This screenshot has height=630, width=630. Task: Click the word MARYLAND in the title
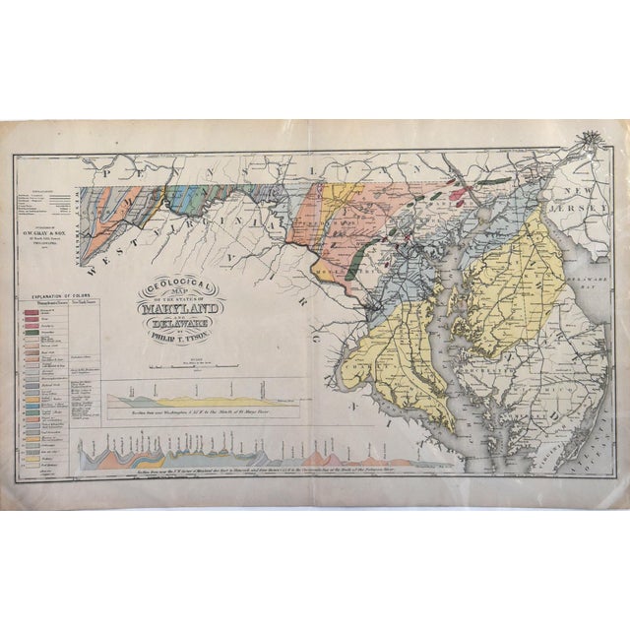coord(184,305)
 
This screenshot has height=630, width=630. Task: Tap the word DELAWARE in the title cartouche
coord(184,321)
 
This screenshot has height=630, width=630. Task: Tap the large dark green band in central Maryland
coord(356,261)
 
